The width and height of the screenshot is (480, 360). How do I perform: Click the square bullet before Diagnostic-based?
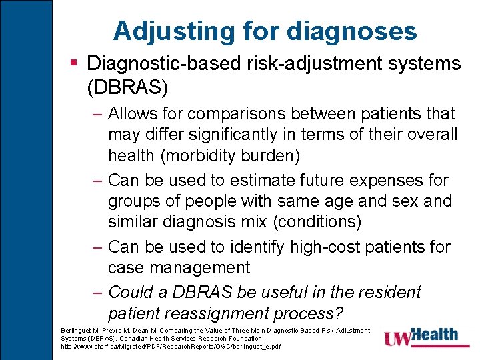click(x=75, y=63)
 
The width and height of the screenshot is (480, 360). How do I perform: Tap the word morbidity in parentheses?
click(x=205, y=155)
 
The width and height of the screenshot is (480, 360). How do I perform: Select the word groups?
click(x=137, y=201)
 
